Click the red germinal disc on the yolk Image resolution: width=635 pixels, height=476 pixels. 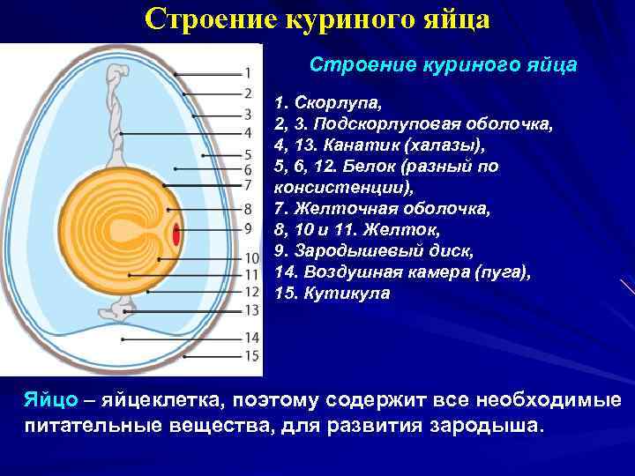[x=176, y=235]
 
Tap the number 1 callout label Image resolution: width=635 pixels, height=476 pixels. [x=248, y=72]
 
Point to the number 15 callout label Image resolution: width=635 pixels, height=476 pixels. [x=251, y=356]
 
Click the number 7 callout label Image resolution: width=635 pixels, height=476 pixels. [x=248, y=185]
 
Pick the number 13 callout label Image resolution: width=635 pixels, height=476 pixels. [x=251, y=309]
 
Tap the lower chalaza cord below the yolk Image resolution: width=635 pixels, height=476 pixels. [x=119, y=311]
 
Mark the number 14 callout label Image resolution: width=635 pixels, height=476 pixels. [x=251, y=338]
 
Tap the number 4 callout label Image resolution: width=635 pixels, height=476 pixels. [x=248, y=131]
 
